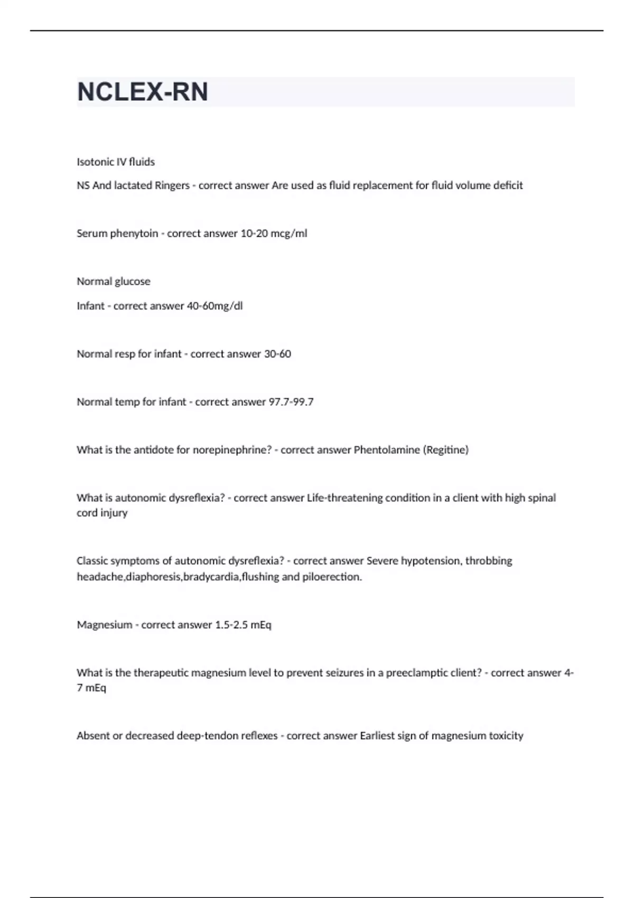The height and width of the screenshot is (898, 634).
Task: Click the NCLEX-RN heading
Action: [143, 92]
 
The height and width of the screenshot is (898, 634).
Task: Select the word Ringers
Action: [172, 185]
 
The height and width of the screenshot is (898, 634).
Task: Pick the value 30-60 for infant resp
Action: [277, 354]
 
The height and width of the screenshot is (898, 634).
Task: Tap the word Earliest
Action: [378, 736]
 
